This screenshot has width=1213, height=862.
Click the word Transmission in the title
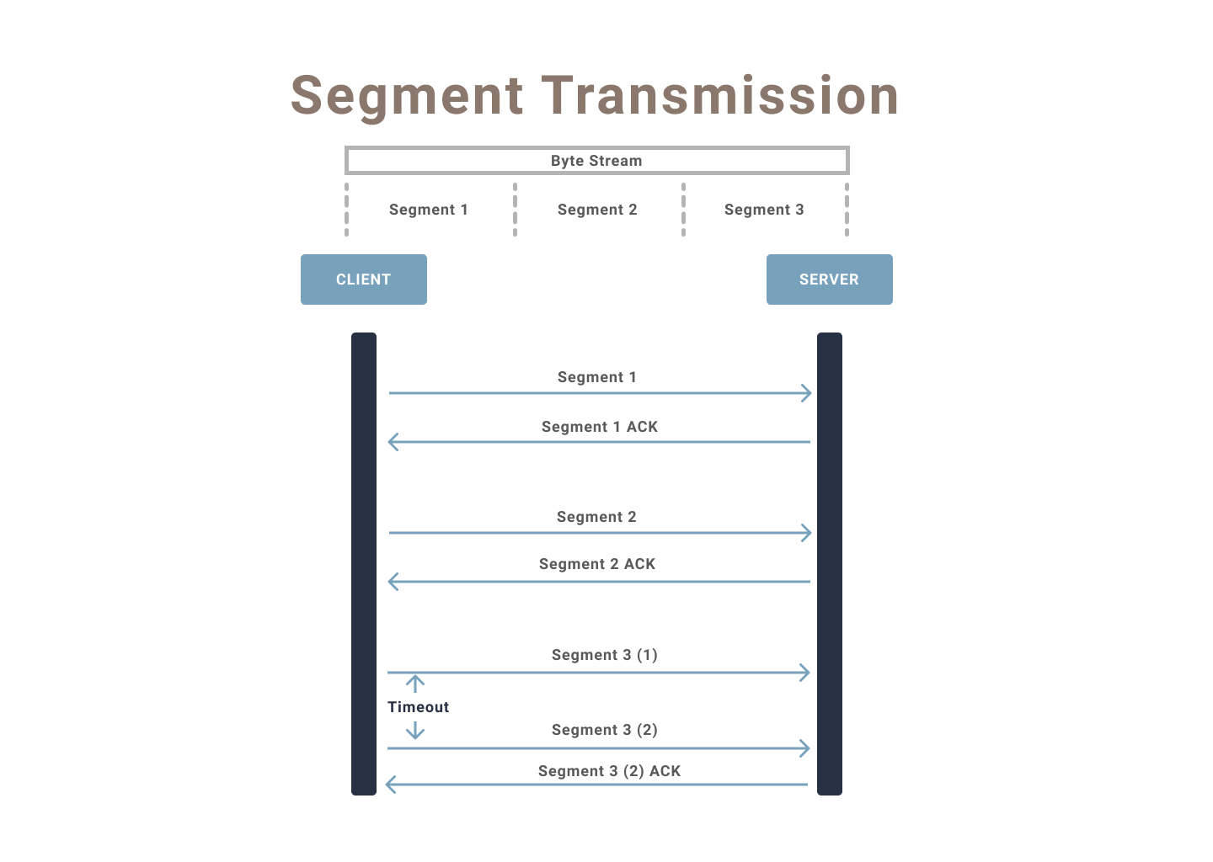click(720, 95)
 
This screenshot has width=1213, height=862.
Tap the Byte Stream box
click(596, 160)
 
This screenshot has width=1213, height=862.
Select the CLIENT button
click(363, 279)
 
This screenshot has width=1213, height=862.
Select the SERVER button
click(829, 279)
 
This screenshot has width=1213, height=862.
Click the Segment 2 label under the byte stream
click(597, 210)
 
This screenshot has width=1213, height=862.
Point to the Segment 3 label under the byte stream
click(764, 210)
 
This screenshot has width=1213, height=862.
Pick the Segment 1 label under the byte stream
click(428, 210)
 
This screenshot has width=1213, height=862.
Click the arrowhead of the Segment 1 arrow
click(807, 393)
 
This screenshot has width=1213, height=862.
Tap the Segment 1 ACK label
click(599, 427)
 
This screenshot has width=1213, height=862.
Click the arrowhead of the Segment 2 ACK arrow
click(393, 582)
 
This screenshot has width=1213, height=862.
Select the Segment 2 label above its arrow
click(596, 517)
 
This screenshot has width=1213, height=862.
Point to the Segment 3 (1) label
click(604, 655)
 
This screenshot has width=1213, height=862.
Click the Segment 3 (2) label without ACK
click(604, 730)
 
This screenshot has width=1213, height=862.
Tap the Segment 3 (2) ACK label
click(609, 771)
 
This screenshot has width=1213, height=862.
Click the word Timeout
click(418, 707)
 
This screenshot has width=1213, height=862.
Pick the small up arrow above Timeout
click(414, 684)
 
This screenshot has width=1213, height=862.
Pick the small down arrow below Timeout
click(414, 731)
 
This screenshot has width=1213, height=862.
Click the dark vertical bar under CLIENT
click(364, 564)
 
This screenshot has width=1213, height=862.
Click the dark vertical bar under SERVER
click(830, 564)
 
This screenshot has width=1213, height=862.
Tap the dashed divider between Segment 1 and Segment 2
click(515, 210)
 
